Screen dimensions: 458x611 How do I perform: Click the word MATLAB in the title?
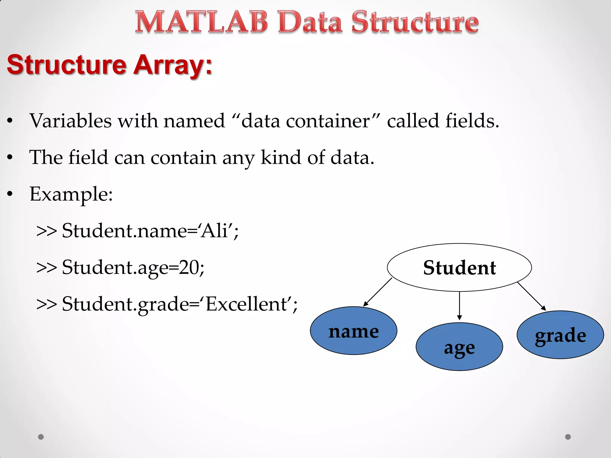[202, 22]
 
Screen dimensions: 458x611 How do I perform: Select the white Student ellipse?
[459, 267]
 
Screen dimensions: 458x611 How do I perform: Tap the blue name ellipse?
[354, 331]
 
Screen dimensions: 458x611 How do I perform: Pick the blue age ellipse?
[459, 347]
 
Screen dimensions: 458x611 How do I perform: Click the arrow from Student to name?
[378, 292]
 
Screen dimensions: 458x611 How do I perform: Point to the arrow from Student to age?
[459, 306]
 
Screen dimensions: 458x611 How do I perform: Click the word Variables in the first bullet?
[70, 121]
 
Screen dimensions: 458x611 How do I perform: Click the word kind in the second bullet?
[280, 157]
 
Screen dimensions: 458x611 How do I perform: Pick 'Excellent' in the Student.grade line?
[246, 304]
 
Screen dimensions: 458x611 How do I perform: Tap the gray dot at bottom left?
[41, 437]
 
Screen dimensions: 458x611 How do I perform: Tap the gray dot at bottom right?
[568, 437]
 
